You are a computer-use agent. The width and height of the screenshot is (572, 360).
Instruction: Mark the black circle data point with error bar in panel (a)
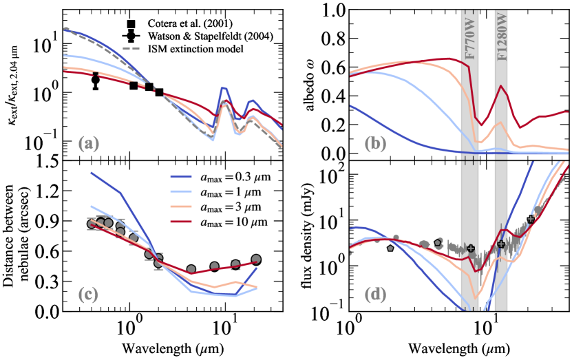(x=96, y=80)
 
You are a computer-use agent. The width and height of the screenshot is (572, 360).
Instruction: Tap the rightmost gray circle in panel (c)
(x=256, y=260)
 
